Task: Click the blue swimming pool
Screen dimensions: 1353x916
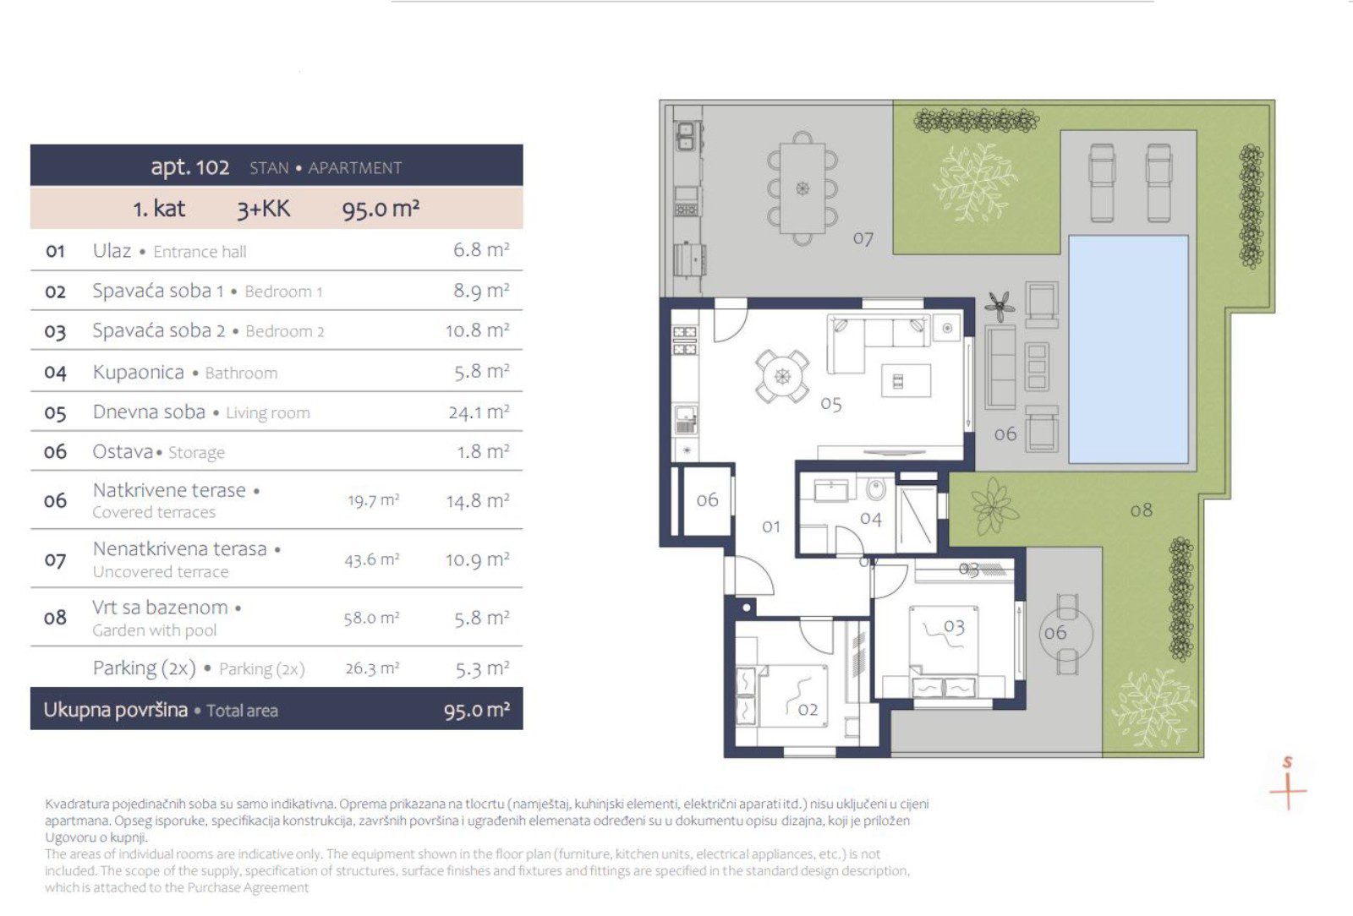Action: coord(1128,349)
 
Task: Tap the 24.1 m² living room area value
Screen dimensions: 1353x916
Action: coord(479,412)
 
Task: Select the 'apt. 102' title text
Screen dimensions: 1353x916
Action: coord(189,166)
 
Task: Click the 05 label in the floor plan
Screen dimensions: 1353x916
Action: coord(831,404)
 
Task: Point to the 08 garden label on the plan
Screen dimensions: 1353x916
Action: coord(1141,510)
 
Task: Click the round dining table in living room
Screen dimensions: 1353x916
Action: coord(782,377)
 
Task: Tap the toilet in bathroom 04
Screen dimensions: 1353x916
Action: coord(876,488)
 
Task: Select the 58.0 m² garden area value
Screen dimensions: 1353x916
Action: coord(371,619)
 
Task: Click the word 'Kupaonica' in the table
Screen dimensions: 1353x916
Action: coord(139,373)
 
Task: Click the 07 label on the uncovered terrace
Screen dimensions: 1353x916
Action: coord(863,239)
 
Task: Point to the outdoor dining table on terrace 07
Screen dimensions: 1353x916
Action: coord(802,188)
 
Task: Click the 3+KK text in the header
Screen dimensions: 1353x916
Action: coord(263,209)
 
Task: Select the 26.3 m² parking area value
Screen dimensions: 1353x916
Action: coord(372,668)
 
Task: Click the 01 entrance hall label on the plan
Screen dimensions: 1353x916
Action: coord(770,526)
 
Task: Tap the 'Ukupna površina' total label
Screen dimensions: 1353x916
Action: coord(115,710)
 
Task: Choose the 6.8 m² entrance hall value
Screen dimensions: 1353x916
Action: coord(481,250)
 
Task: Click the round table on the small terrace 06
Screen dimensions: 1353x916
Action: coord(1067,635)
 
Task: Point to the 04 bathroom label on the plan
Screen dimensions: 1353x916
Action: coord(870,519)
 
